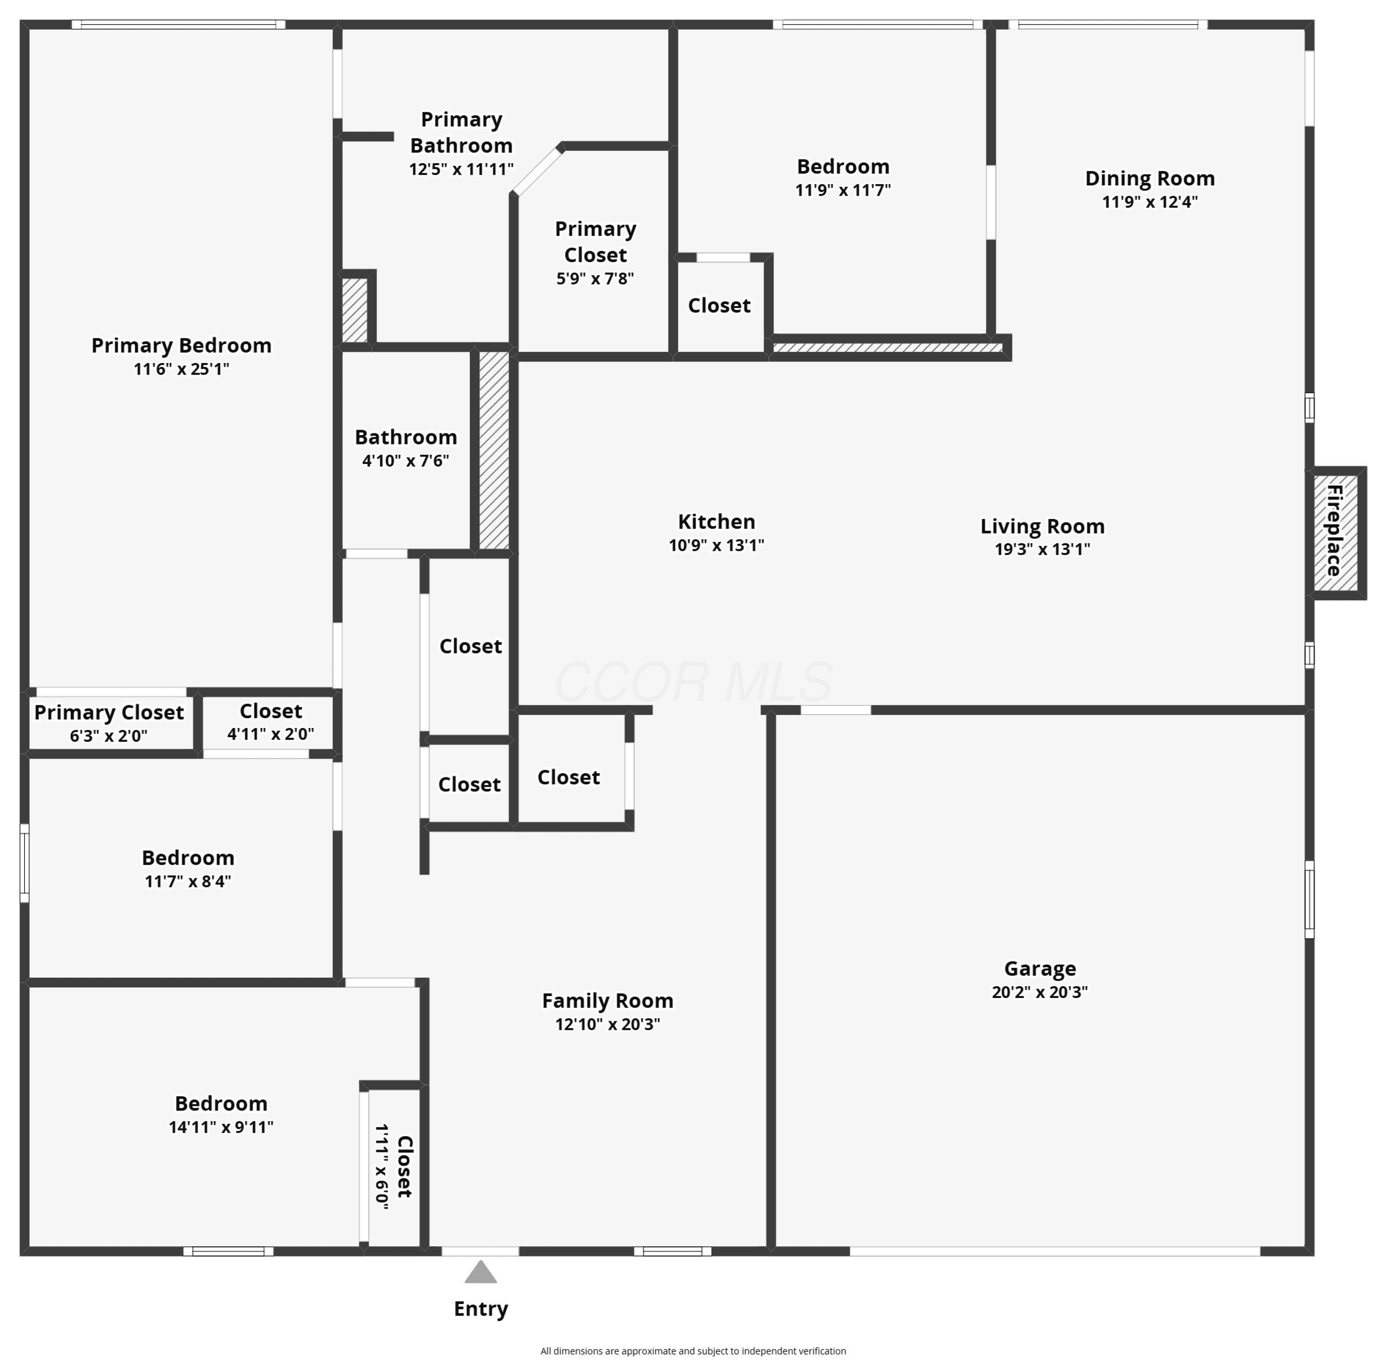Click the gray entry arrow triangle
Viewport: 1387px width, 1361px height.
[481, 1272]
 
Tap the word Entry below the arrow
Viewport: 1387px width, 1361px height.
[481, 1309]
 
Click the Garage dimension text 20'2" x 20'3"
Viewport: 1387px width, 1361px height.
[1040, 992]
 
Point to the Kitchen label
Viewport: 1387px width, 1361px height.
[716, 522]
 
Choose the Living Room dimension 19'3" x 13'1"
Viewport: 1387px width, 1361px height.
[1043, 549]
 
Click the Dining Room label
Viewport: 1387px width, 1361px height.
[1150, 179]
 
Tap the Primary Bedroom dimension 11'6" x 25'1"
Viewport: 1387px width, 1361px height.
[182, 369]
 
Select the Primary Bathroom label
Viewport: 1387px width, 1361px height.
[461, 132]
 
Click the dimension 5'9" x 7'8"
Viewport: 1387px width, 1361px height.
[595, 278]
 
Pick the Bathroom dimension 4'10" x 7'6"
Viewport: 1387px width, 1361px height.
[406, 460]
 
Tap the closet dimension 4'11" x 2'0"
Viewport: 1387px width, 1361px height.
[271, 733]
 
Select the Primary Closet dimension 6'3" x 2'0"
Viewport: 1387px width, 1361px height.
[109, 736]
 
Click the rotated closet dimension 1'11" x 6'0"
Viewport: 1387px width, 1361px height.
[382, 1167]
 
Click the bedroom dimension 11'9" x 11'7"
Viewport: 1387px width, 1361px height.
[843, 190]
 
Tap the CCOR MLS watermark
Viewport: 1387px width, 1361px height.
[693, 681]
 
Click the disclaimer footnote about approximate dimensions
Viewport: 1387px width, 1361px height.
[693, 1351]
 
